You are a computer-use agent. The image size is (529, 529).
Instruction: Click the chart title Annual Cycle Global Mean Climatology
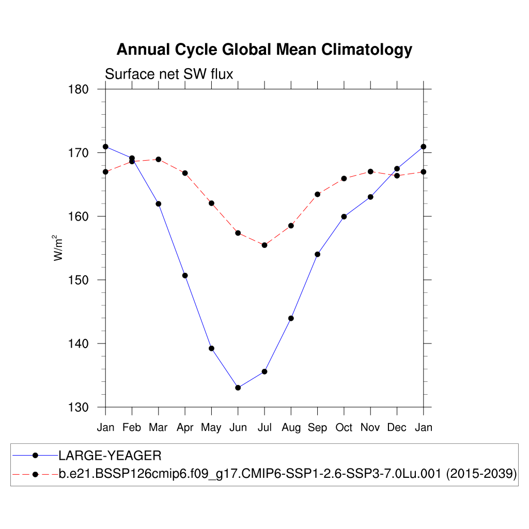coord(264,50)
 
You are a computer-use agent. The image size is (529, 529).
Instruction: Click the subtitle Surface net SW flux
coord(169,74)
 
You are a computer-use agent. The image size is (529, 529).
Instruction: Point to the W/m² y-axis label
coord(58,248)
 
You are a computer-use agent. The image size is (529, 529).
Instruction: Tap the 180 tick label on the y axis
coord(79,89)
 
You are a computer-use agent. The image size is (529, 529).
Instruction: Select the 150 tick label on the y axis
coord(79,280)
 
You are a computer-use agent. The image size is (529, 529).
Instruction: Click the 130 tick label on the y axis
coord(79,407)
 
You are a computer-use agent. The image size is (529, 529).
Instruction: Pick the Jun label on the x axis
coord(238,428)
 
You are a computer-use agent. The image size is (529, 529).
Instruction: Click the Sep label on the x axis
coord(317,428)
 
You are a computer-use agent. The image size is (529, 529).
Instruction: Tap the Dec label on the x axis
coord(397,428)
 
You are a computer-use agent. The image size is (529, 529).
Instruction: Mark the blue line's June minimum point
coord(238,387)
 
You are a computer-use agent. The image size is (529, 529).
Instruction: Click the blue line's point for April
coord(185,275)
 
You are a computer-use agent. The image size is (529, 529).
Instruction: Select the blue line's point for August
coord(291,318)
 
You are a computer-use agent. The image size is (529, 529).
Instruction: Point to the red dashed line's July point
coord(264,245)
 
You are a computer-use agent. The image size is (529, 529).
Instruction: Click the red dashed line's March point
coord(159,159)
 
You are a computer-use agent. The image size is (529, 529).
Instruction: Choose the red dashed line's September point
coord(317,194)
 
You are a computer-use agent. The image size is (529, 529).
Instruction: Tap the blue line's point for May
coord(211,348)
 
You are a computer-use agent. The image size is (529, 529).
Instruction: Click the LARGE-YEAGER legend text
coord(110,456)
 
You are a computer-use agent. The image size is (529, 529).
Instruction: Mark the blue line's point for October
coord(344,216)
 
